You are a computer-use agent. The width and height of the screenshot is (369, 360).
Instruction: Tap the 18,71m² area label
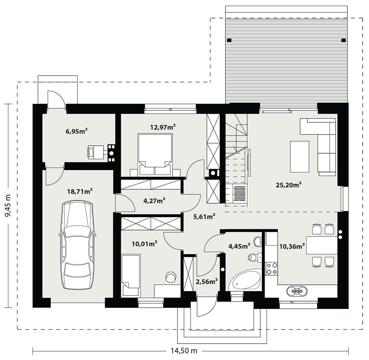pyautogui.click(x=80, y=192)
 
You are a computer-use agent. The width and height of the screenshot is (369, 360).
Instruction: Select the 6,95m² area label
pyautogui.click(x=77, y=131)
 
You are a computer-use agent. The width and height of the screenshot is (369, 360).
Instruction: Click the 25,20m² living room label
pyautogui.click(x=289, y=185)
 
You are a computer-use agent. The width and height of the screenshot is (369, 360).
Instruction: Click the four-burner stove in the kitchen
pyautogui.click(x=271, y=269)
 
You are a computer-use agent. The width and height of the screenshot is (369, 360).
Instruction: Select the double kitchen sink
pyautogui.click(x=297, y=291)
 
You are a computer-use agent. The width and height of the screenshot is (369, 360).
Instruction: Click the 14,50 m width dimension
pyautogui.click(x=184, y=351)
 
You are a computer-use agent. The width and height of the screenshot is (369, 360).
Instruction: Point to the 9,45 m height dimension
pyautogui.click(x=8, y=205)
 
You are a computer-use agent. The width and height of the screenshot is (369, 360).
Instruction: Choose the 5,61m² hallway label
pyautogui.click(x=204, y=217)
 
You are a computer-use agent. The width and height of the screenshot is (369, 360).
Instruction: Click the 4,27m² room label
pyautogui.click(x=154, y=201)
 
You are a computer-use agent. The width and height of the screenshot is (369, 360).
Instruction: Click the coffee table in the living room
pyautogui.click(x=299, y=157)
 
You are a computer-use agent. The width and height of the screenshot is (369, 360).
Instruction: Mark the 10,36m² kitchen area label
pyautogui.click(x=292, y=246)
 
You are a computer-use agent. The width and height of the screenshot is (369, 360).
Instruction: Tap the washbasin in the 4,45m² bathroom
pyautogui.click(x=258, y=242)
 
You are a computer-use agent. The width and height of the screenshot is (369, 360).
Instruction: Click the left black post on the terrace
pyautogui.click(x=229, y=40)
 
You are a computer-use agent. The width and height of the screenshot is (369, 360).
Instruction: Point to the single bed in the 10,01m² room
pyautogui.click(x=131, y=275)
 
